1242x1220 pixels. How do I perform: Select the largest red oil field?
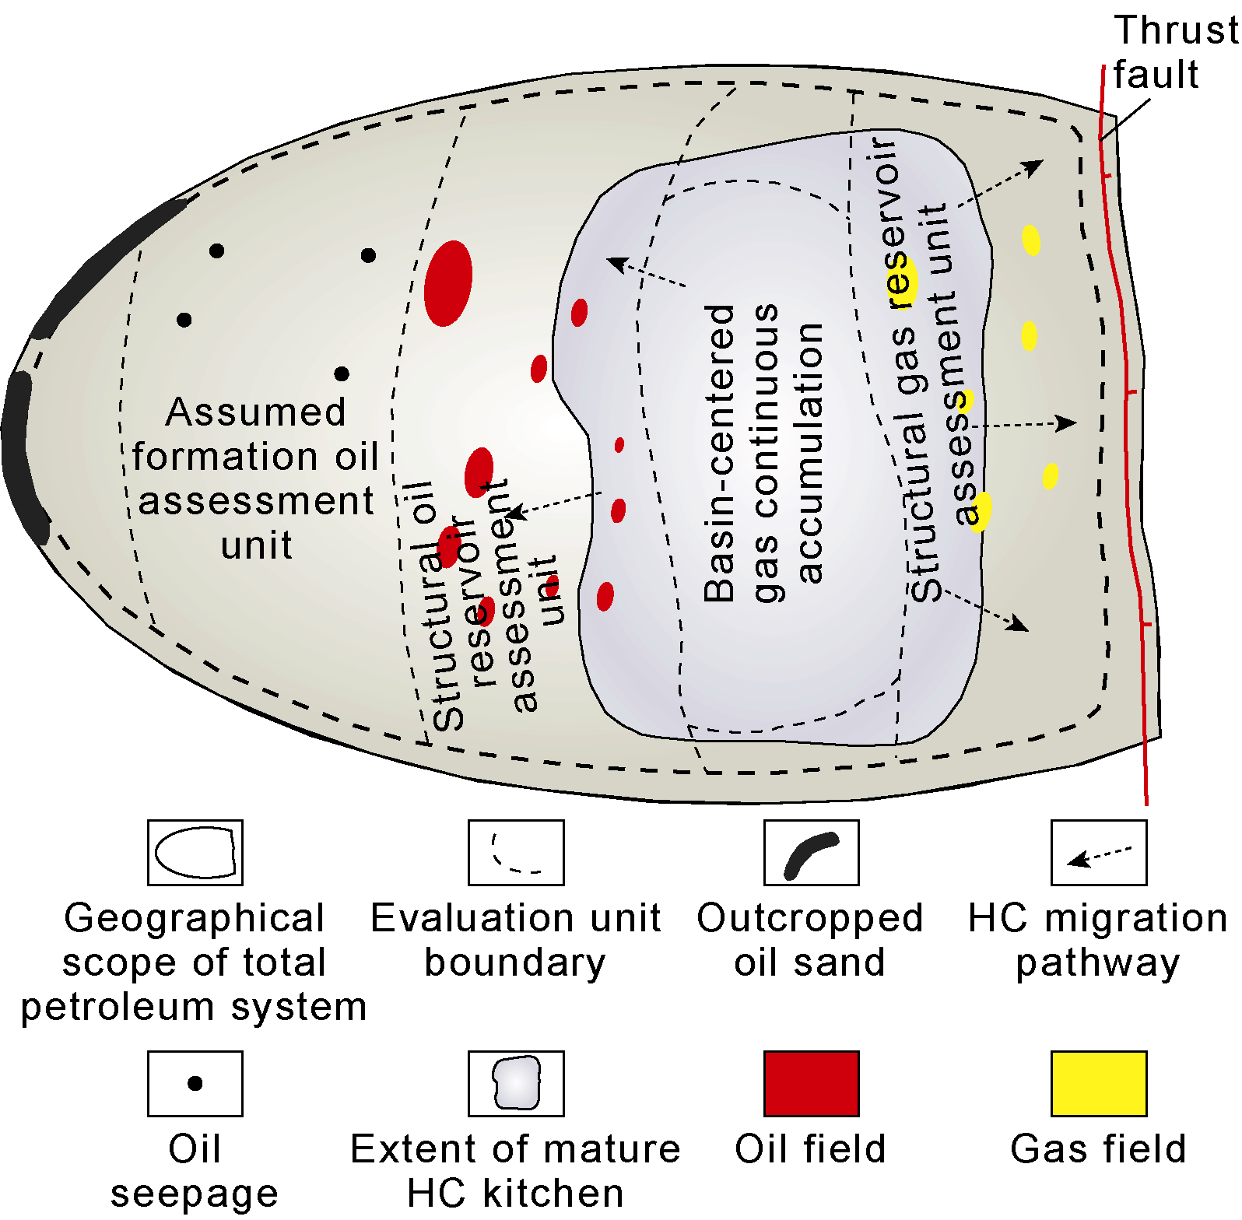click(x=448, y=283)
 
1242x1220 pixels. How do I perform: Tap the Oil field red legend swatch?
click(x=811, y=1083)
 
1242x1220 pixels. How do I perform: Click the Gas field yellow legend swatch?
click(x=1098, y=1083)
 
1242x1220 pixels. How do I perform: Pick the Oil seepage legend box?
click(x=195, y=1083)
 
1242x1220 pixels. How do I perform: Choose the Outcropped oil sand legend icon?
click(x=811, y=853)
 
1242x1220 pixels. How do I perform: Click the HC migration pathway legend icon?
click(x=1098, y=853)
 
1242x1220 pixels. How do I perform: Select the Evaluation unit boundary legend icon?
click(x=515, y=853)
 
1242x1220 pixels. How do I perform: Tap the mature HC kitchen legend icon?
click(x=515, y=1083)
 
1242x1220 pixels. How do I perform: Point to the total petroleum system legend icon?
click(x=195, y=853)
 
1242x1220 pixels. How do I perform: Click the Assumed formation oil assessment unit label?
click(x=256, y=478)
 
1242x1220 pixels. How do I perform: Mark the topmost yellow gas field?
click(x=1031, y=240)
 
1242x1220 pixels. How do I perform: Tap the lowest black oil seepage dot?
click(x=342, y=374)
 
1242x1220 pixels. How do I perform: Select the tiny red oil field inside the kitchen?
click(x=619, y=445)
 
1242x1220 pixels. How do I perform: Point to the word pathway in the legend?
click(x=1097, y=963)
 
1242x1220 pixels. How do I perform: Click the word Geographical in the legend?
click(x=195, y=918)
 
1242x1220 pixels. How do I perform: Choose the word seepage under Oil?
click(x=195, y=1194)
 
